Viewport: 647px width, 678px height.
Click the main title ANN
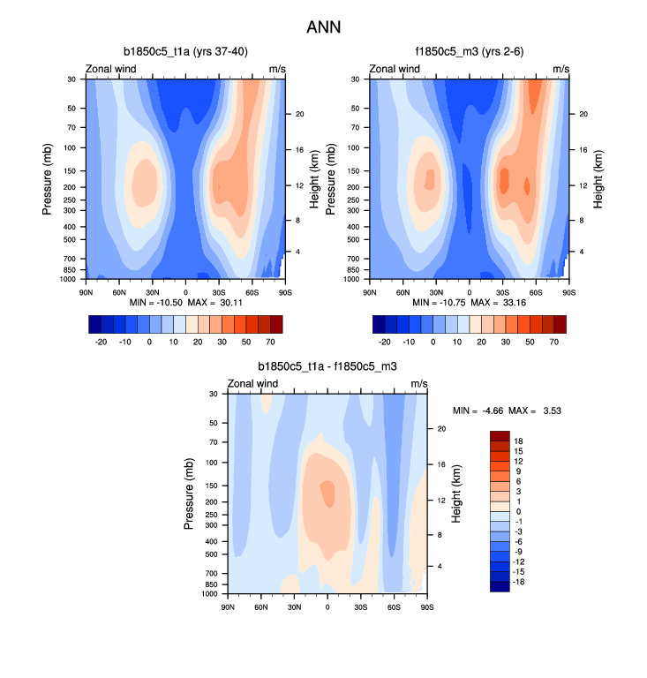click(x=323, y=26)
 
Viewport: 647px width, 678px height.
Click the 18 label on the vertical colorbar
click(x=519, y=441)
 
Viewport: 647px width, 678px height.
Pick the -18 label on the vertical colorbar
click(x=521, y=582)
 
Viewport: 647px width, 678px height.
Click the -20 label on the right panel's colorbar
click(x=385, y=340)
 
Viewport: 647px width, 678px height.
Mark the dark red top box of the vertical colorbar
click(x=500, y=435)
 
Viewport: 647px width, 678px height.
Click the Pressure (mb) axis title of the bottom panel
click(x=189, y=493)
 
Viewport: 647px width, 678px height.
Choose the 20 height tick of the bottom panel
click(x=442, y=428)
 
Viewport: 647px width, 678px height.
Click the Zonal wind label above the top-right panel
click(x=395, y=68)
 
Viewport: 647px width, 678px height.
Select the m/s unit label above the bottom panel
click(x=419, y=383)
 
